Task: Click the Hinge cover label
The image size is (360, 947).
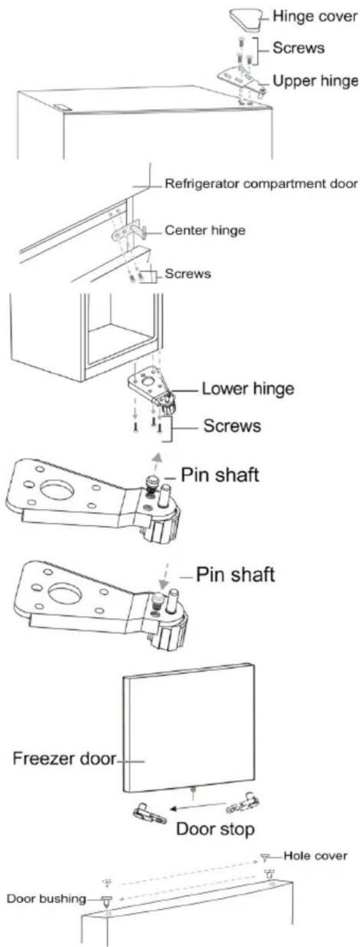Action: point(315,17)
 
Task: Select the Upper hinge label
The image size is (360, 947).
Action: point(315,80)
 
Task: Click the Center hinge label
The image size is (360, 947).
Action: point(205,230)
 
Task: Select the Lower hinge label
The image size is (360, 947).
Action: point(248,388)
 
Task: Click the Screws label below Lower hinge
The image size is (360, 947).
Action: point(232,425)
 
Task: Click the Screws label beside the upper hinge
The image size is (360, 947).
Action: point(298,48)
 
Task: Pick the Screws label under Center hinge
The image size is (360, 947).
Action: point(188,274)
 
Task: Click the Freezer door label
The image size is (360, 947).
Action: point(64,758)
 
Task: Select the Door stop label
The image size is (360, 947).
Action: point(216,829)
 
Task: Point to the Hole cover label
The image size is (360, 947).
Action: point(315,856)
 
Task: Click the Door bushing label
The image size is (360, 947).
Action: point(46,899)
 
